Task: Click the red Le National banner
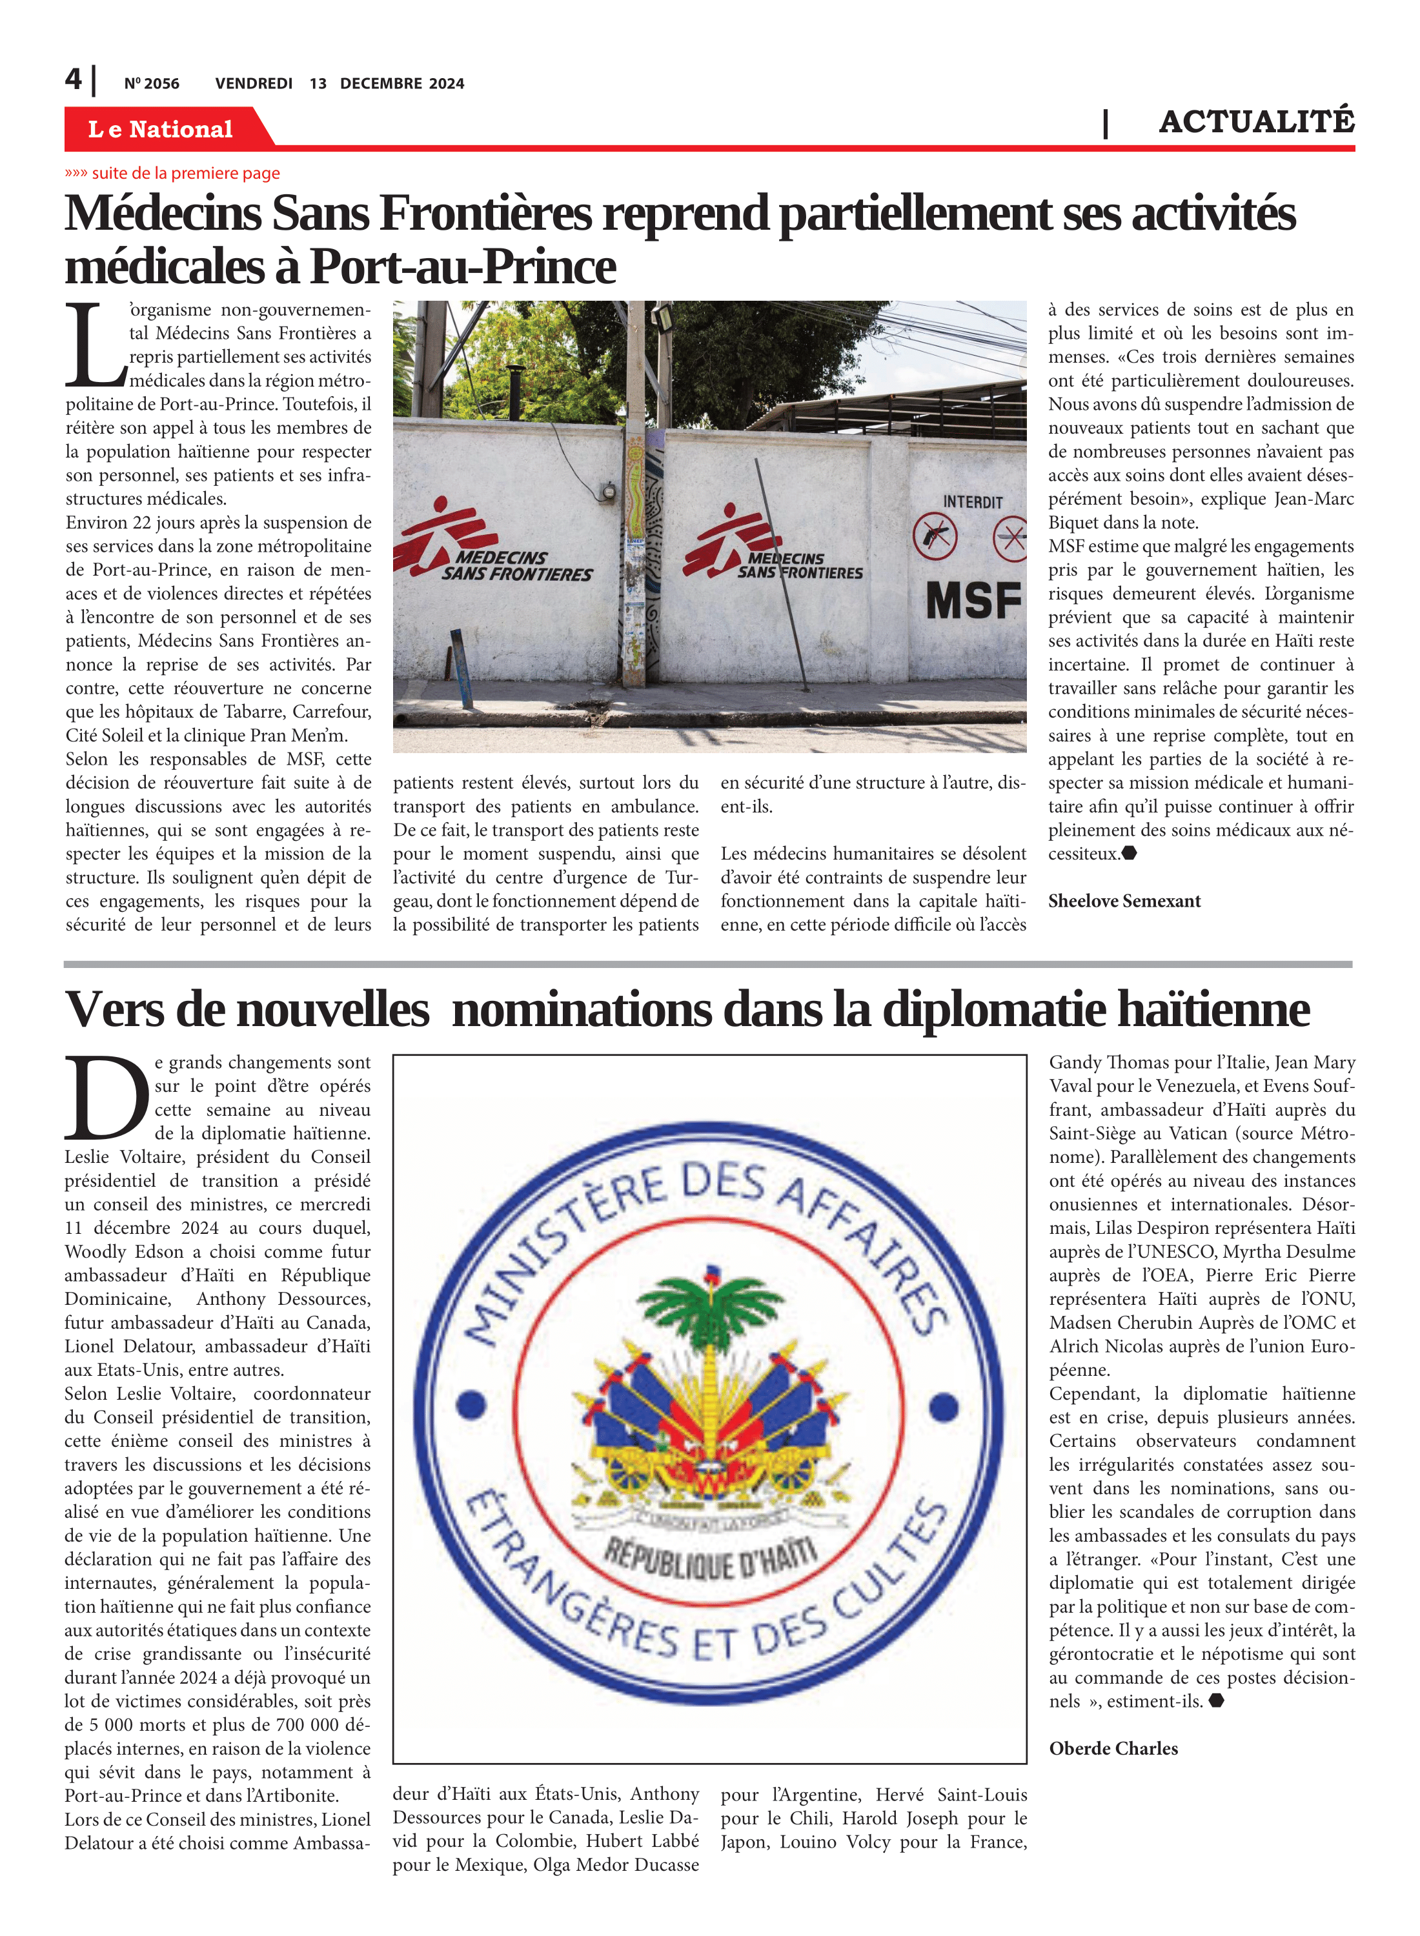161,129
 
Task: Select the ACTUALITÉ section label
1256,122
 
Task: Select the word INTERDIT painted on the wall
972,502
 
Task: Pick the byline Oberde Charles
1113,1748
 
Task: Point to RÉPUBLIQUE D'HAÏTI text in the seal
710,1557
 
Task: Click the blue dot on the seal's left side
471,1406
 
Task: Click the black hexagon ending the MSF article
1130,853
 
